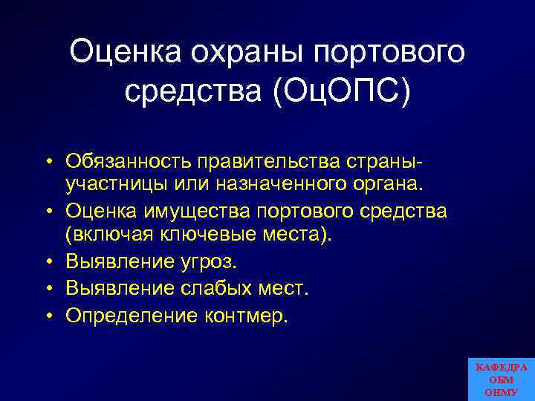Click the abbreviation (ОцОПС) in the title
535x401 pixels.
(338, 93)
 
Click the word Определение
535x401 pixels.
(129, 315)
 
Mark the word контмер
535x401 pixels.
(244, 315)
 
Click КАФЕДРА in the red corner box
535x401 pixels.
(502, 368)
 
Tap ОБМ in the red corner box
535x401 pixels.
(502, 379)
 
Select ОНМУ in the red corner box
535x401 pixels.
(502, 392)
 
